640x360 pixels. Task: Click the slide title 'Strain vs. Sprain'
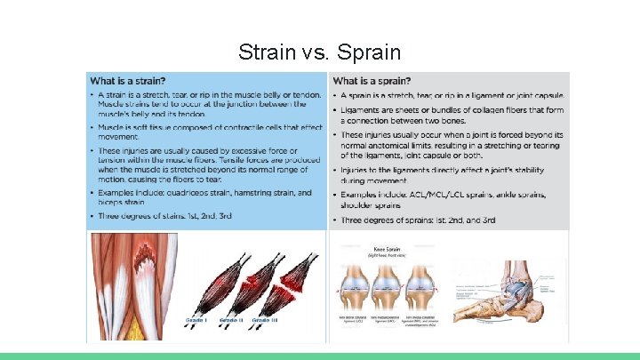tap(319, 52)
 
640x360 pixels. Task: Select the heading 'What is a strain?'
tap(133, 82)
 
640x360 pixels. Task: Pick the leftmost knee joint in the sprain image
tap(356, 284)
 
